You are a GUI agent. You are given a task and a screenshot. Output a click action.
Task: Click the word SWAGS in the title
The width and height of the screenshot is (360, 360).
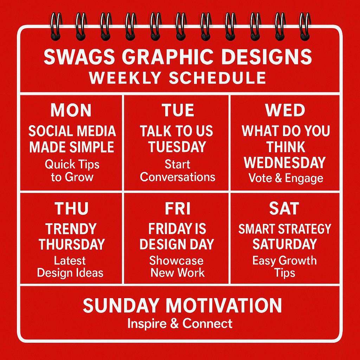pos(79,57)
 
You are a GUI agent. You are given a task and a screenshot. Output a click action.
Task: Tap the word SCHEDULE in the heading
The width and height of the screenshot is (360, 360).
pos(217,78)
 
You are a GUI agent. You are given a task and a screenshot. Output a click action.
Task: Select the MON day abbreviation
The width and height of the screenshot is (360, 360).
pos(71,110)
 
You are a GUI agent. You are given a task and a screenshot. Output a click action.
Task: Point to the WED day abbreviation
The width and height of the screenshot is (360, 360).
pos(285,110)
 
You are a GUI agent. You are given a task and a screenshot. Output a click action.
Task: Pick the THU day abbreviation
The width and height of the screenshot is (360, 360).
pos(71,208)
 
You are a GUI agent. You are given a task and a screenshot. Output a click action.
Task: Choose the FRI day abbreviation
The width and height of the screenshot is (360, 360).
pos(178,208)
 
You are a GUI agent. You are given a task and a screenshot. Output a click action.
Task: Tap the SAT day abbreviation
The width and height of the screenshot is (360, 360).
pos(284,208)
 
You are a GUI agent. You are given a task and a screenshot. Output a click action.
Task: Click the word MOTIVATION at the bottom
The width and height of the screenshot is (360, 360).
pos(224,306)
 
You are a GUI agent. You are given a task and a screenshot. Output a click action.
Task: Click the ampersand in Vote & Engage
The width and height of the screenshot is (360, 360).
pos(278,178)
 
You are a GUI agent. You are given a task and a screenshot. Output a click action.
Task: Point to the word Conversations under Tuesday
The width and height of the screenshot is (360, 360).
pos(178,177)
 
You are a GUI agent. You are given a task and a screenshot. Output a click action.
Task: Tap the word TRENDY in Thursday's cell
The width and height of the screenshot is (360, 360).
pos(71,229)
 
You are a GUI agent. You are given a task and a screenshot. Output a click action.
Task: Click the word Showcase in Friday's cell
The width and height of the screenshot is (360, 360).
pos(176,261)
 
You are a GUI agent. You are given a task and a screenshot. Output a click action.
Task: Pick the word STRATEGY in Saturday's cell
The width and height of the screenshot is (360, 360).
pos(305,229)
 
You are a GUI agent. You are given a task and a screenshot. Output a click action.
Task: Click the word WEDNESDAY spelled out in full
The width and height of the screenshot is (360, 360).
pos(285,162)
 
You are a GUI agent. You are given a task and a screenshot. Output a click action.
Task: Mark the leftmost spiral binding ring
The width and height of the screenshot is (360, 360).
pos(56,27)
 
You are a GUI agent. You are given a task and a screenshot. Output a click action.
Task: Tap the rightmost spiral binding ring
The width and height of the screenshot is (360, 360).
pos(305,27)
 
